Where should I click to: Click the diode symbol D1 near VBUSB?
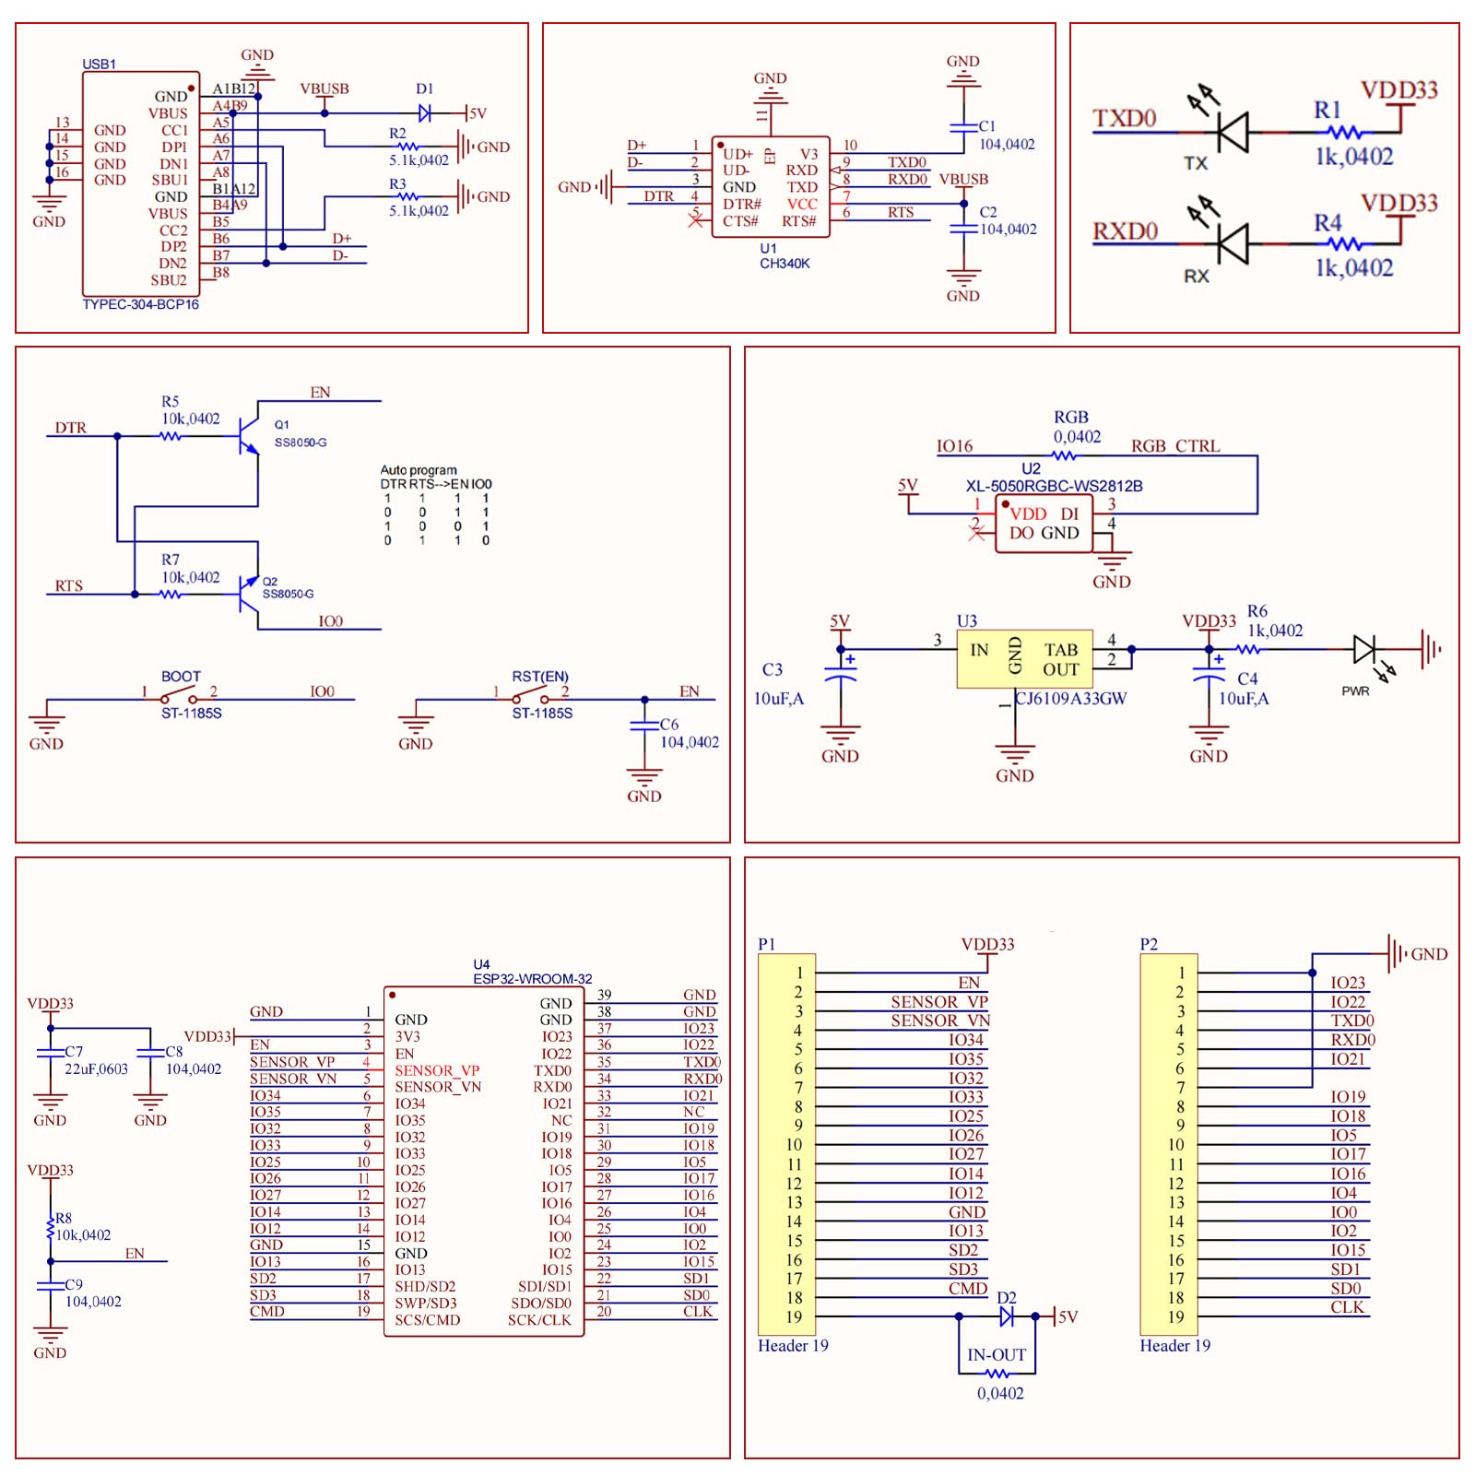pos(425,113)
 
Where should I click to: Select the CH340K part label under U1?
pos(785,264)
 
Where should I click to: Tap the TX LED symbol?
pos(1231,132)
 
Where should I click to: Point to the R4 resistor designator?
pos(1327,223)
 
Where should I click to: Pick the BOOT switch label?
pos(181,677)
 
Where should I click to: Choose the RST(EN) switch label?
pos(540,677)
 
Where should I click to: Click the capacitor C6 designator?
pos(669,725)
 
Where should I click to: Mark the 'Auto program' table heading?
pos(419,470)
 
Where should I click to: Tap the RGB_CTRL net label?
pos(1175,446)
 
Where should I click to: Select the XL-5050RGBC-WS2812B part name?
pos(1054,486)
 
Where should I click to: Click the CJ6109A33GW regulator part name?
pos(1071,699)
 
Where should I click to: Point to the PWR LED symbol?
pos(1365,650)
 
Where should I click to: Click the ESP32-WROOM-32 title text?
pos(533,979)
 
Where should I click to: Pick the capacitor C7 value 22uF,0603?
pos(96,1069)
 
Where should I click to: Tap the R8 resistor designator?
pos(64,1219)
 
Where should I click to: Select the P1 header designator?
pos(766,944)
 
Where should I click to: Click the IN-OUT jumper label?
pos(997,1355)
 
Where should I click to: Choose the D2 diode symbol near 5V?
pos(1007,1316)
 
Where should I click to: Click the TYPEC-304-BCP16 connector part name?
pos(141,304)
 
